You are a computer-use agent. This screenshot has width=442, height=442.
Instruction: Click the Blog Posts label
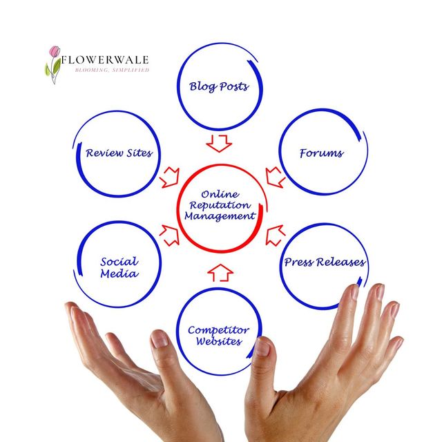pyautogui.click(x=219, y=87)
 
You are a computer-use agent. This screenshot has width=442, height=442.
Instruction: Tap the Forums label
pyautogui.click(x=321, y=153)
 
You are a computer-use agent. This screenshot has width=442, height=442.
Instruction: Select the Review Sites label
pyautogui.click(x=119, y=153)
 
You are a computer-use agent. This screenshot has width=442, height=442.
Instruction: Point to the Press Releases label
pyautogui.click(x=325, y=262)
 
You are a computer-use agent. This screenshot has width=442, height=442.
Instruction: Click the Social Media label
pyautogui.click(x=119, y=267)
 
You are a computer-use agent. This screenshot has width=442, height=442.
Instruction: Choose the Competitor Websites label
pyautogui.click(x=218, y=336)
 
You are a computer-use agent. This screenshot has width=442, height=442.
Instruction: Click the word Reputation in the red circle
pyautogui.click(x=220, y=205)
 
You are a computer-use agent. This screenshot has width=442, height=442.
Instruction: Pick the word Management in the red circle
pyautogui.click(x=220, y=216)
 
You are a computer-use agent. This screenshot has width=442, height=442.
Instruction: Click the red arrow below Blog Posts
pyautogui.click(x=220, y=143)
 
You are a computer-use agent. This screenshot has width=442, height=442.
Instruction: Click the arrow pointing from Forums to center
pyautogui.click(x=276, y=175)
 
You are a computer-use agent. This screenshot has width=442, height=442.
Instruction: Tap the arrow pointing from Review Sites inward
pyautogui.click(x=168, y=177)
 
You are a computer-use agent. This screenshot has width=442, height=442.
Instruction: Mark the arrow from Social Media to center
pyautogui.click(x=169, y=235)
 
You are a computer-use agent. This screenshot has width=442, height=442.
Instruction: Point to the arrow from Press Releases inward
pyautogui.click(x=274, y=235)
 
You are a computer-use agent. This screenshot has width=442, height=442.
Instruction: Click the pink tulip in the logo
pyautogui.click(x=55, y=52)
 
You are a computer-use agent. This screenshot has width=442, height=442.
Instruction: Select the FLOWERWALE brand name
pyautogui.click(x=104, y=60)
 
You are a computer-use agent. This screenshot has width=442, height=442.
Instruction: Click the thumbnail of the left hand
pyautogui.click(x=160, y=338)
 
